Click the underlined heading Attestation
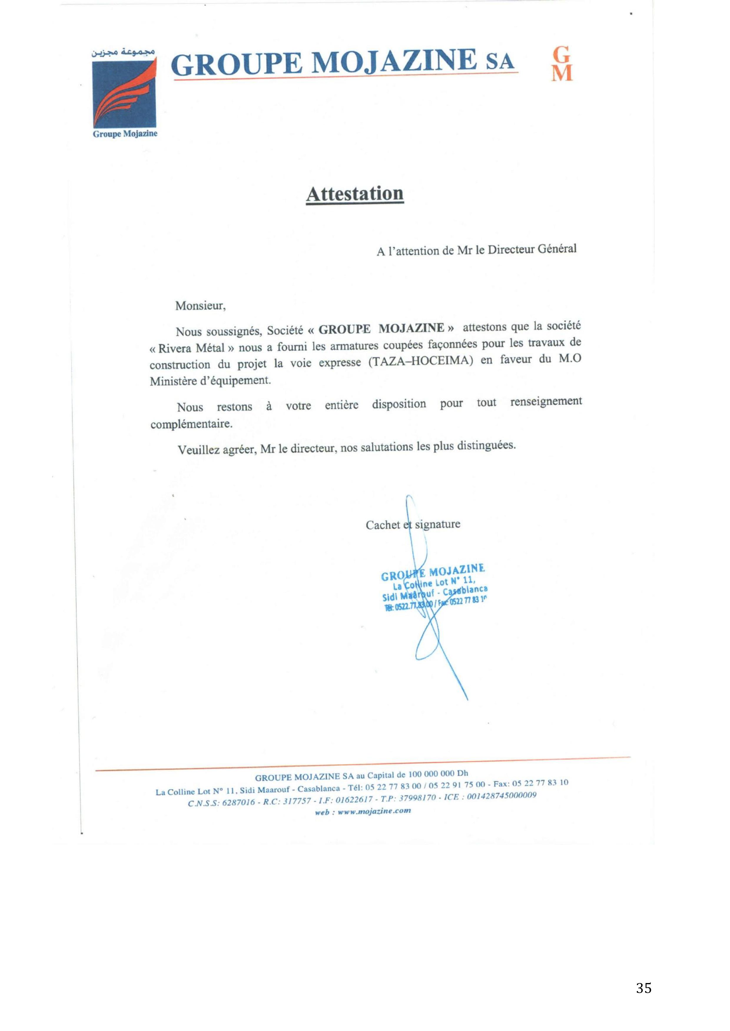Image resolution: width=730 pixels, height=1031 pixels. click(x=355, y=194)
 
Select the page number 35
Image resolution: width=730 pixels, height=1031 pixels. click(x=644, y=988)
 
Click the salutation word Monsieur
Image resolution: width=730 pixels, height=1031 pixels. click(x=200, y=306)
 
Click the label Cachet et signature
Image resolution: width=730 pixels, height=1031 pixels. click(x=413, y=524)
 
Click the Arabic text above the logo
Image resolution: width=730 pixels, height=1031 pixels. click(x=123, y=53)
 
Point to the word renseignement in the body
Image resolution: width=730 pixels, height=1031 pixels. click(x=546, y=401)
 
